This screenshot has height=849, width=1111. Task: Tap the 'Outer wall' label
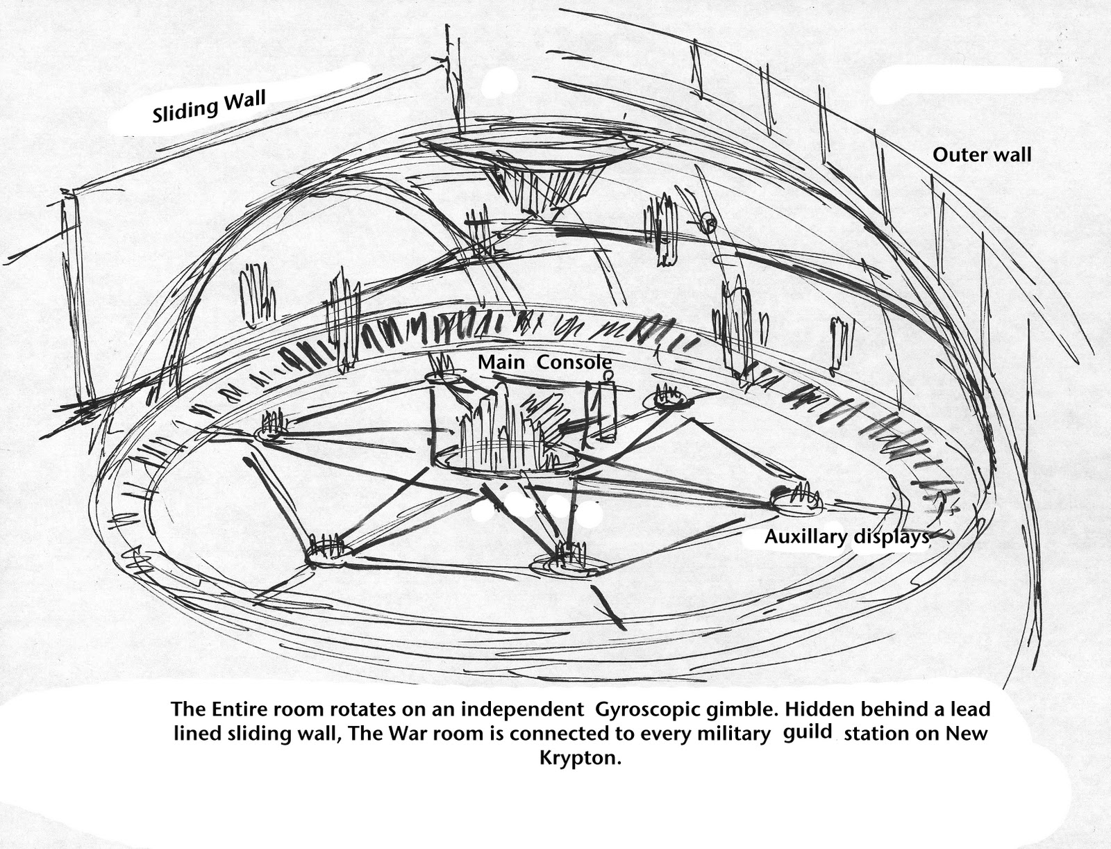pyautogui.click(x=981, y=154)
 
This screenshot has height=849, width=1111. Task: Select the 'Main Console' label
pyautogui.click(x=544, y=362)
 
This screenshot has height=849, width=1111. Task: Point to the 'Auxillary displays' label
pyautogui.click(x=846, y=536)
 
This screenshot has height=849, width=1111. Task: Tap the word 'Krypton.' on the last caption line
pyautogui.click(x=579, y=757)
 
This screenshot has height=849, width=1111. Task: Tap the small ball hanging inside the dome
pyautogui.click(x=708, y=222)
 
